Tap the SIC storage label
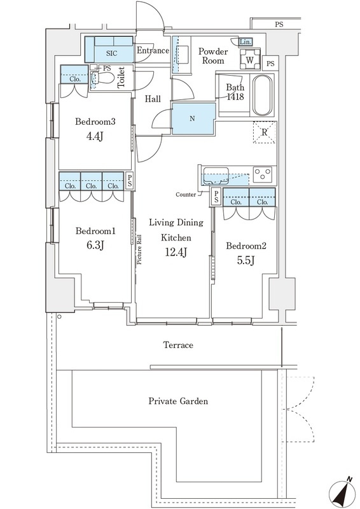pyautogui.click(x=112, y=53)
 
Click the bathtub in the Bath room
pyautogui.click(x=262, y=95)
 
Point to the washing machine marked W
pyautogui.click(x=250, y=59)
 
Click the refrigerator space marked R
pyautogui.click(x=265, y=132)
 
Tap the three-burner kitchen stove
pyautogui.click(x=263, y=174)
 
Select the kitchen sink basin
pyautogui.click(x=215, y=176)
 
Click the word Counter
pyautogui.click(x=186, y=195)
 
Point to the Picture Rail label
pyautogui.click(x=139, y=249)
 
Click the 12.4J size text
pyautogui.click(x=176, y=252)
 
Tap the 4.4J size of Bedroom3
pyautogui.click(x=95, y=137)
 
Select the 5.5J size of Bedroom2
pyautogui.click(x=246, y=260)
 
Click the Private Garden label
pyautogui.click(x=178, y=401)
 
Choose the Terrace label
pyautogui.click(x=178, y=345)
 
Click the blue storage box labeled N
pyautogui.click(x=193, y=118)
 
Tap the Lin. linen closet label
pyautogui.click(x=245, y=42)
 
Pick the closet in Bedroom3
pyautogui.click(x=74, y=74)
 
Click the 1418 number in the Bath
pyautogui.click(x=235, y=97)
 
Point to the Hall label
pyautogui.click(x=153, y=99)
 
